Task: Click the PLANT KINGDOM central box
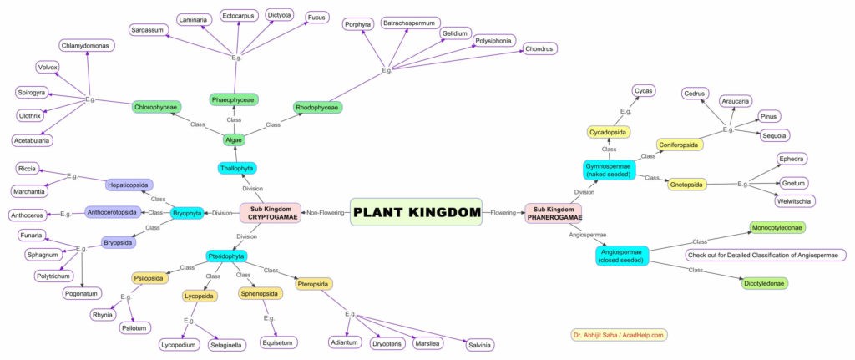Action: [x=416, y=212]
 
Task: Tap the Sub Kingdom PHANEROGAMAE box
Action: [x=552, y=212]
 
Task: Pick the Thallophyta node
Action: [x=237, y=168]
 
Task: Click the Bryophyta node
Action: [x=188, y=213]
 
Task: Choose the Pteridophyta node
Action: [x=225, y=256]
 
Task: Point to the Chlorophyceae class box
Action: [x=155, y=107]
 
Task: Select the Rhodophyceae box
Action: [x=317, y=107]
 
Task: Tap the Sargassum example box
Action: [x=149, y=30]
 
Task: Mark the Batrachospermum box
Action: [x=410, y=23]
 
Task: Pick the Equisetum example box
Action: [x=278, y=342]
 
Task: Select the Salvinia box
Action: [x=478, y=345]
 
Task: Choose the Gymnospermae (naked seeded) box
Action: [x=608, y=170]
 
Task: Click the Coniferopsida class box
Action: [x=680, y=145]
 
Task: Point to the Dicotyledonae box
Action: [x=765, y=283]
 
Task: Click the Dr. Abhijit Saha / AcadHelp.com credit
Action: [x=619, y=335]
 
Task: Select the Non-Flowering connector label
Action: [x=326, y=213]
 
